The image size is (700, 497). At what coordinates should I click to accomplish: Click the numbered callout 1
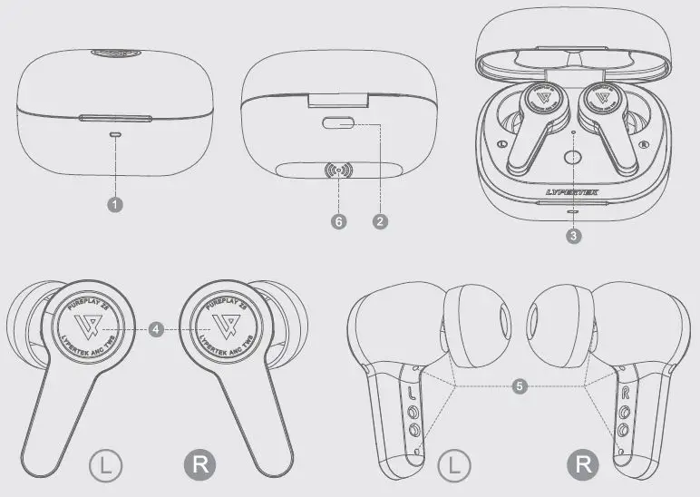[115, 204]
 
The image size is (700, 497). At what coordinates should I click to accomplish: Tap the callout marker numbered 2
[381, 220]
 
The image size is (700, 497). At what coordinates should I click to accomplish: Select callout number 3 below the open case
[572, 236]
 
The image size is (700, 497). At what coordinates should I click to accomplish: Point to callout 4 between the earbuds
[157, 331]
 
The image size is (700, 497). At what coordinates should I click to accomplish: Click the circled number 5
[520, 385]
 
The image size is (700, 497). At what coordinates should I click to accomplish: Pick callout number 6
[338, 220]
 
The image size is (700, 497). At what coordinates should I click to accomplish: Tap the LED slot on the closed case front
[115, 133]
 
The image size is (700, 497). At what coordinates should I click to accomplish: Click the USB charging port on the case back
[339, 124]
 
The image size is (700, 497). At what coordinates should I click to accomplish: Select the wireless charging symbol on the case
[341, 170]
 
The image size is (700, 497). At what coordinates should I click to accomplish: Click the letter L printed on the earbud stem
[413, 394]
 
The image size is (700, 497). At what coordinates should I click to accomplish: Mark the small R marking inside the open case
[643, 144]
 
